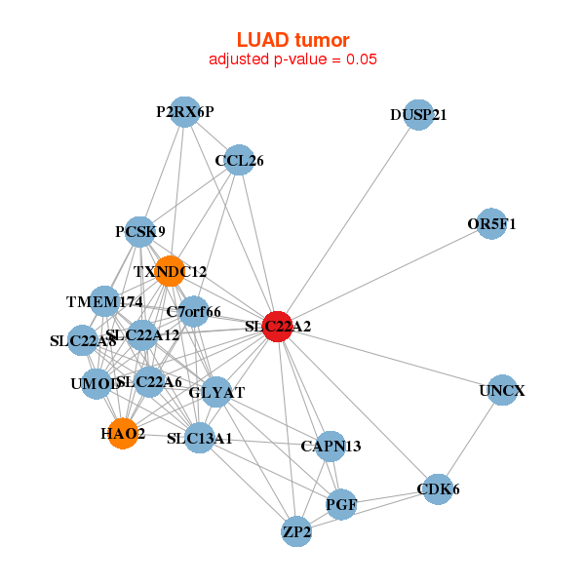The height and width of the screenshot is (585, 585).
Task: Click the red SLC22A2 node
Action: [279, 327]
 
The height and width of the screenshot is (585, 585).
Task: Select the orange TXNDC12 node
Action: [171, 272]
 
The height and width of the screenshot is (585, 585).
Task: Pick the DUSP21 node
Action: [418, 114]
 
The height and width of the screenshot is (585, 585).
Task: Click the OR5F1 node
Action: [492, 224]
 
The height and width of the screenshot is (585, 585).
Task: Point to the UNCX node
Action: [502, 391]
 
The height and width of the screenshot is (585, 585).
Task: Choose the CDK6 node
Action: [438, 488]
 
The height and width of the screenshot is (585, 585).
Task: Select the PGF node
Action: [341, 505]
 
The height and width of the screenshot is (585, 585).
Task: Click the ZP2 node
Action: [296, 532]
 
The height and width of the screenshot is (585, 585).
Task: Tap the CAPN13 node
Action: [331, 447]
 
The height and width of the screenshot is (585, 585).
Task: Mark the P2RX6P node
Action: [184, 112]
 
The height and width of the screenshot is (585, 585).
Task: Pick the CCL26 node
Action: [239, 160]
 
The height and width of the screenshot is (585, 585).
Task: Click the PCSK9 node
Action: [140, 232]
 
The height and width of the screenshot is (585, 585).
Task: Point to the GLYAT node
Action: [216, 393]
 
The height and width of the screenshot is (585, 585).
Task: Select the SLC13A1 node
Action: [200, 438]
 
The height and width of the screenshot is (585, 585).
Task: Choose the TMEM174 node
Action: [104, 301]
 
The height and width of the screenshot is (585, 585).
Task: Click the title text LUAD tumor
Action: [292, 40]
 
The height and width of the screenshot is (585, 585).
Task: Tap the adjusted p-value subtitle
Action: [292, 58]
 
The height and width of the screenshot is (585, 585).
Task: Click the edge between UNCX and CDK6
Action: [470, 440]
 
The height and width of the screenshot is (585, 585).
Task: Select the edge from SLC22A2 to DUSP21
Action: [348, 220]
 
